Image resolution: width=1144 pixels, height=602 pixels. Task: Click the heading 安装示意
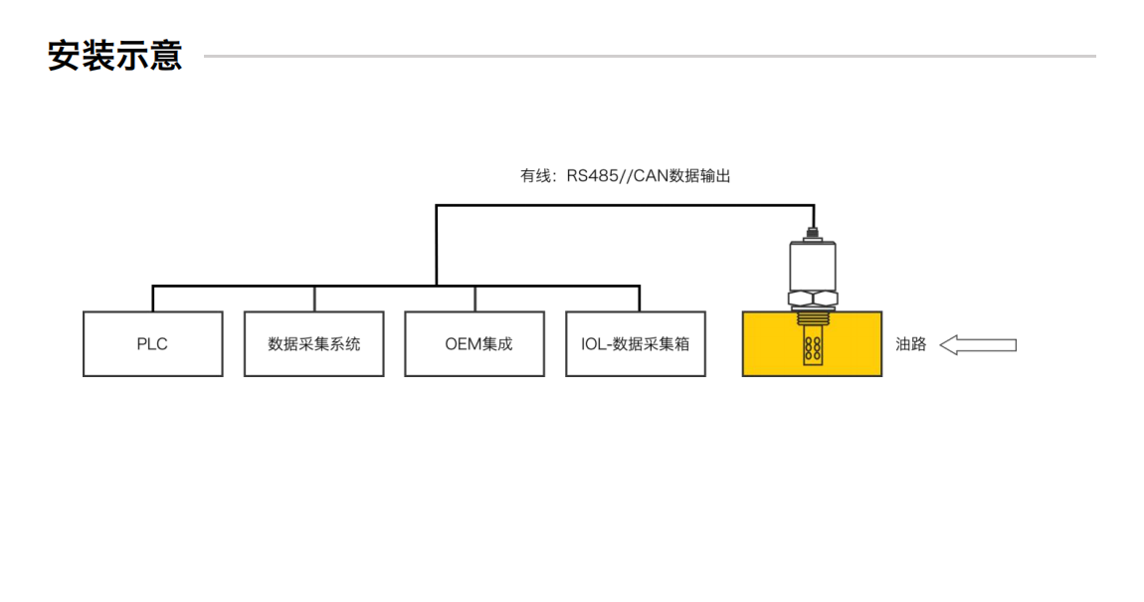click(x=115, y=56)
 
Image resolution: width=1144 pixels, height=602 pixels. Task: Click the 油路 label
click(x=910, y=344)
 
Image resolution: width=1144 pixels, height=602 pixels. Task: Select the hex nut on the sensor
click(x=813, y=298)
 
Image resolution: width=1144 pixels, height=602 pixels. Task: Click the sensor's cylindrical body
click(x=813, y=265)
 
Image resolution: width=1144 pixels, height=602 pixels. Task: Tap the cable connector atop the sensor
click(x=813, y=235)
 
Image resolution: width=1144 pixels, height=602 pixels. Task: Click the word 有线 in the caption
click(x=535, y=176)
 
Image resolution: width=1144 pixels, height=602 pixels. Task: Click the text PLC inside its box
click(x=152, y=344)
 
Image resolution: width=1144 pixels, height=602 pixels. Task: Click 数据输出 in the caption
click(x=700, y=176)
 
